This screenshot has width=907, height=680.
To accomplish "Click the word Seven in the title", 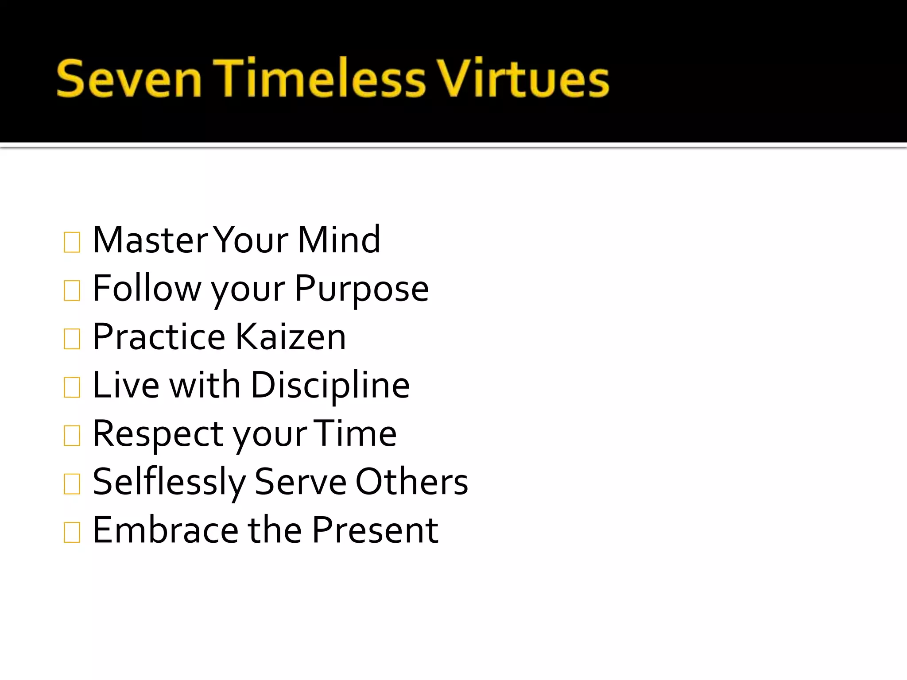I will (129, 79).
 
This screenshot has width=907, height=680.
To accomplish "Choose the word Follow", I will (147, 288).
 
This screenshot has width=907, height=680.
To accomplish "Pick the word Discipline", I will (330, 385).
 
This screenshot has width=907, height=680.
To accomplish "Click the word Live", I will (126, 385).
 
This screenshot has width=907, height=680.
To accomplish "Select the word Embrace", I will (166, 530).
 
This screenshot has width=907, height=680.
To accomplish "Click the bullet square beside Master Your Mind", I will (72, 243).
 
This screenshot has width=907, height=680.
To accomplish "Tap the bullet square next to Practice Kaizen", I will (72, 339).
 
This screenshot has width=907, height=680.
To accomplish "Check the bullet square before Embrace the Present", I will (72, 533).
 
